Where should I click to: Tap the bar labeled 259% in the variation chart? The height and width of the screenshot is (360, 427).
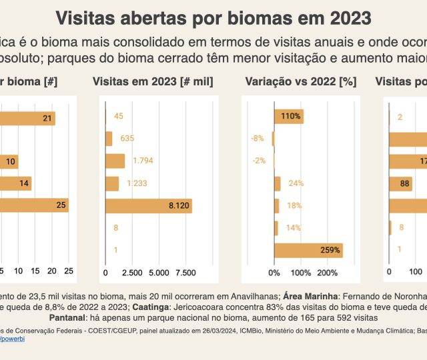pos(308,251)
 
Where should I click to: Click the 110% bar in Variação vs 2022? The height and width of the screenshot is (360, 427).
pos(289,116)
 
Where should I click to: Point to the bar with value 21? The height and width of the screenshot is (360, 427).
pos(27,118)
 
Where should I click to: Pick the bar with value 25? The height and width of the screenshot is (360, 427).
pos(33,205)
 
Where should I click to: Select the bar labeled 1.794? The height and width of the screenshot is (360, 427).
pos(115,161)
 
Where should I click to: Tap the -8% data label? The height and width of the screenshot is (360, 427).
pos(258,139)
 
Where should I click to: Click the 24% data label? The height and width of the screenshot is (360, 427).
pos(296,183)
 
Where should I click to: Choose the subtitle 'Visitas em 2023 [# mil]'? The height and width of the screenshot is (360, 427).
pos(153,82)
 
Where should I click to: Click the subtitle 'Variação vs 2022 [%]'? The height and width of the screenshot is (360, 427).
pos(301,82)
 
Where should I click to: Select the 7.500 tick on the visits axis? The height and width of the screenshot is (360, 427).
pos(185,272)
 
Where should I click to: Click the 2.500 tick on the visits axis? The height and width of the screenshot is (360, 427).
pos(132,272)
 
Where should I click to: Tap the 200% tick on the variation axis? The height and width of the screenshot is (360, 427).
pos(328,272)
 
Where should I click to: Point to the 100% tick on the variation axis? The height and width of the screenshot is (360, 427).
pos(301,272)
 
